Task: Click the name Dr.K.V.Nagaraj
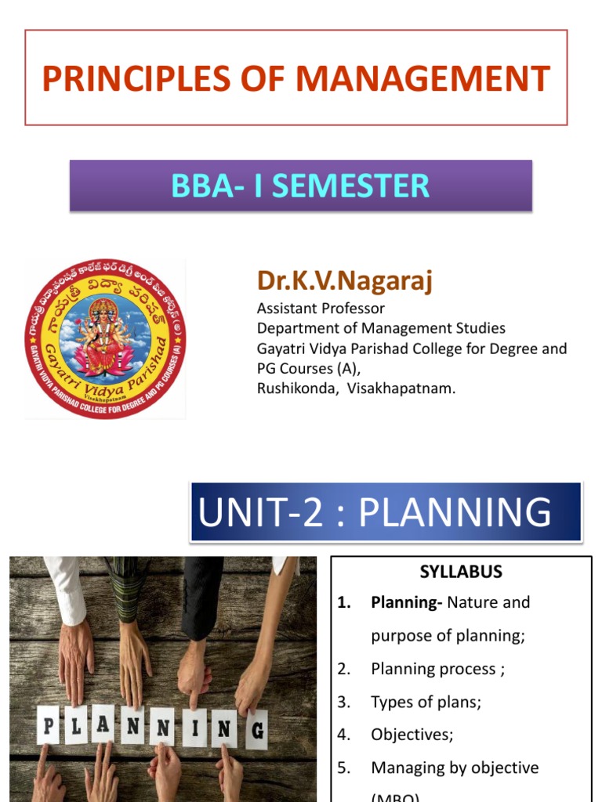coord(344,280)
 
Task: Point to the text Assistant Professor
coord(321,308)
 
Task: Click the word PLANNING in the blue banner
coord(455,512)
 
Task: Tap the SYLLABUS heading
coord(461,572)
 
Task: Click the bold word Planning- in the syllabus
coord(407,602)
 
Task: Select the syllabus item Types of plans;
coord(426,702)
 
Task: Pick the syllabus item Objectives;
coord(412,735)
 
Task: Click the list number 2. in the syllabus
coord(344,669)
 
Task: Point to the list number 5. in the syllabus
coord(344,768)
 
